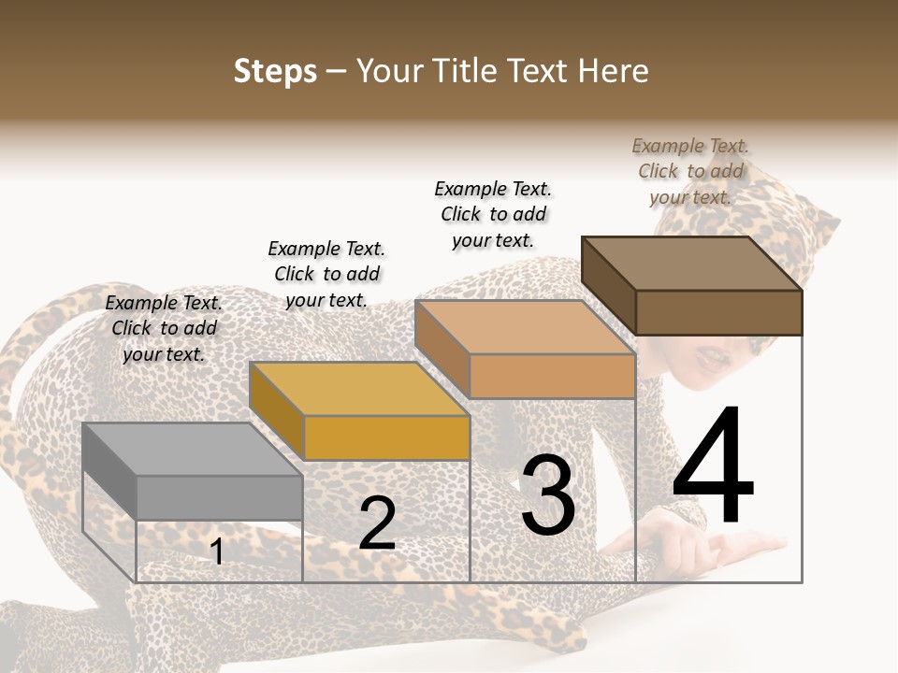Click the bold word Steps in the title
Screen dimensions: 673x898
pyautogui.click(x=275, y=71)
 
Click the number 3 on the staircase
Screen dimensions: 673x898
pyautogui.click(x=547, y=495)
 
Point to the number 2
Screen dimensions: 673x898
pyautogui.click(x=377, y=524)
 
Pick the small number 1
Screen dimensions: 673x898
pyautogui.click(x=217, y=552)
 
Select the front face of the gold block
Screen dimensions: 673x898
pyautogui.click(x=386, y=437)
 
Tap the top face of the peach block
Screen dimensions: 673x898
pyautogui.click(x=524, y=327)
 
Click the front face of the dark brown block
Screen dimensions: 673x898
pyautogui.click(x=718, y=312)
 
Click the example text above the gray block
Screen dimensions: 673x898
pyautogui.click(x=164, y=328)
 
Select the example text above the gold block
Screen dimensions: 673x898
pyautogui.click(x=326, y=274)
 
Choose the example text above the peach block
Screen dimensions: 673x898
pyautogui.click(x=493, y=214)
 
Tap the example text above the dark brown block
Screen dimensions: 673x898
pyautogui.click(x=690, y=171)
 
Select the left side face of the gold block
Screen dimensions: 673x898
pyautogui.click(x=277, y=412)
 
